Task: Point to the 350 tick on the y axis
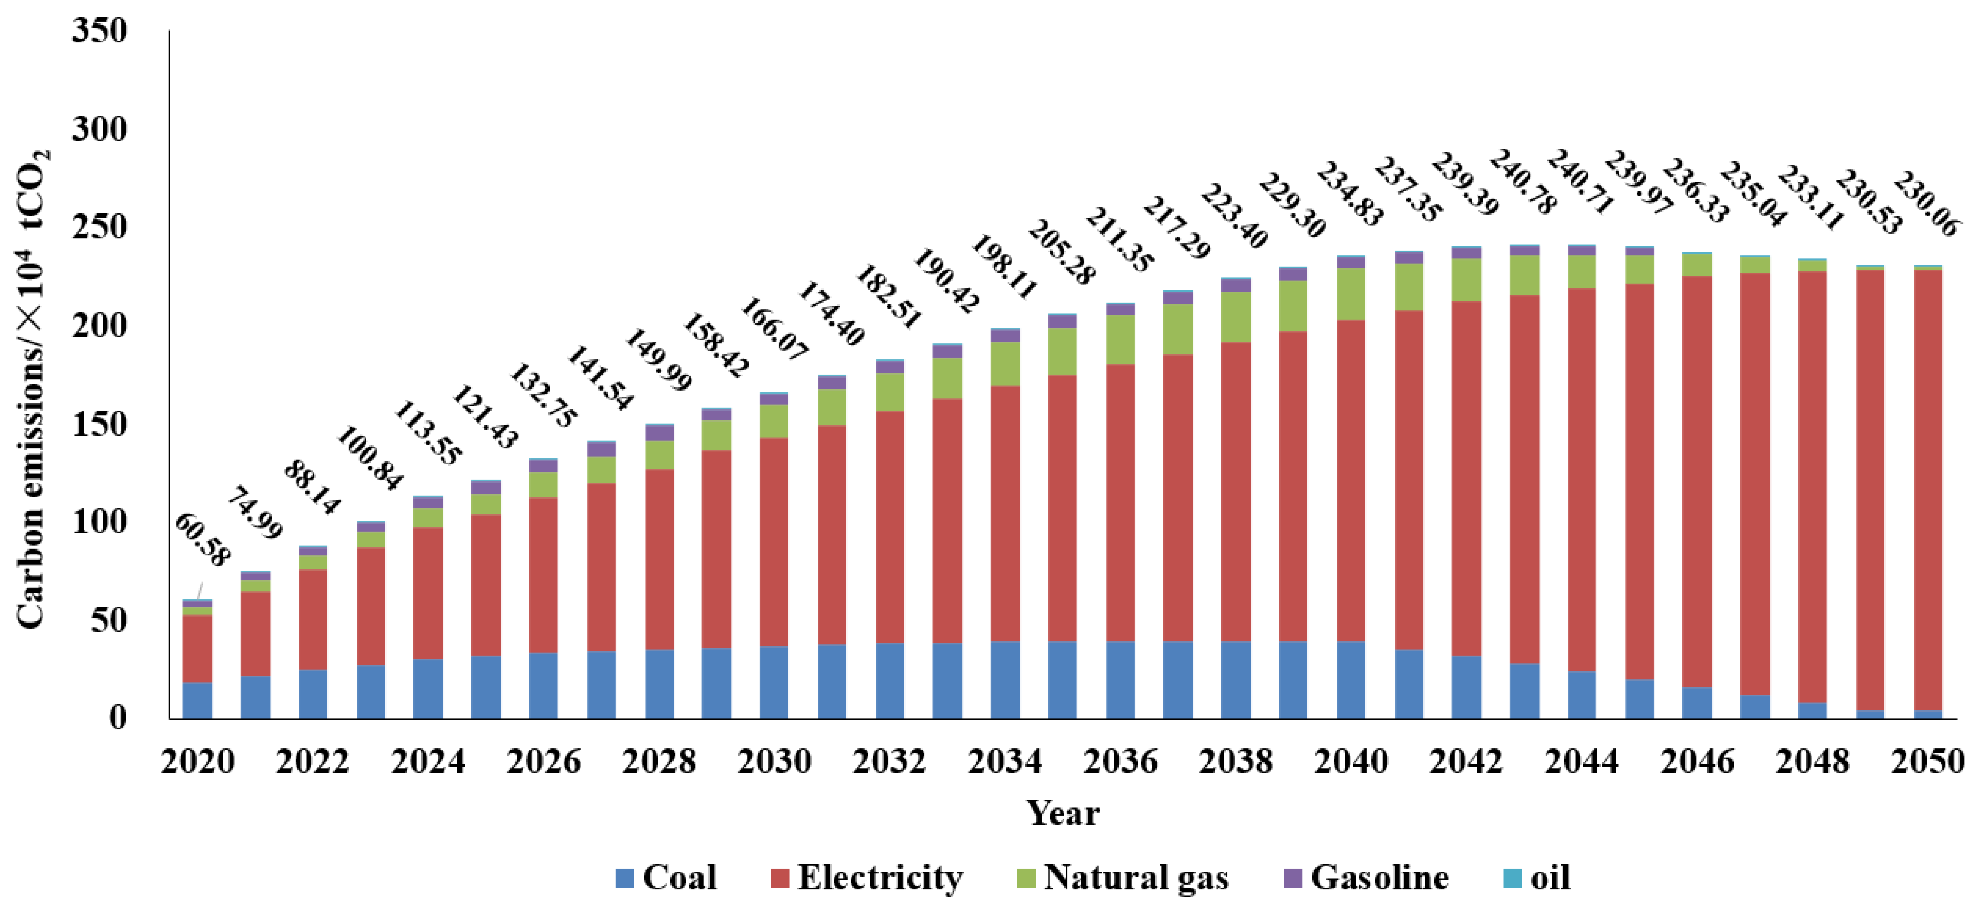[99, 31]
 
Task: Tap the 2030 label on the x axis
[774, 761]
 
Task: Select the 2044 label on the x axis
[1581, 761]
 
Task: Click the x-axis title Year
[1063, 813]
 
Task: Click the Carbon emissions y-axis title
[33, 389]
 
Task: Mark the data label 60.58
[202, 541]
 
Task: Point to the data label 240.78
[1522, 182]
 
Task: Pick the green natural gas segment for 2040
[1351, 294]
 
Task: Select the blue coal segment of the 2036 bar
[1120, 680]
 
